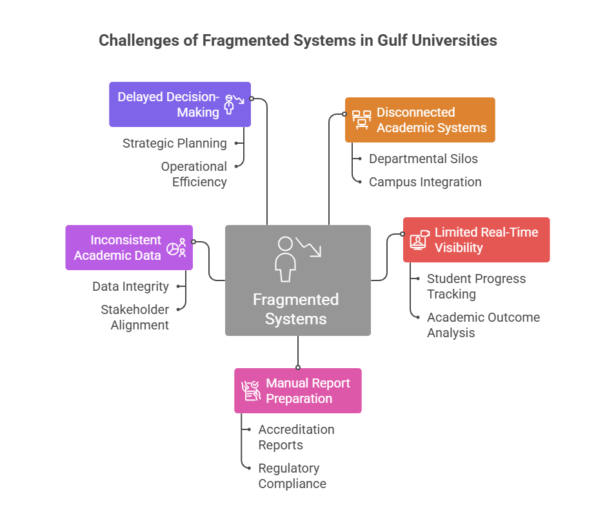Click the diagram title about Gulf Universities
coord(297,40)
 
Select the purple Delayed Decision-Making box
coord(179,104)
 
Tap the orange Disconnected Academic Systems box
coord(420,120)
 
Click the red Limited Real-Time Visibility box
coord(476,240)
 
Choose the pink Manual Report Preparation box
coord(298,391)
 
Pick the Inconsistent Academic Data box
coord(129,248)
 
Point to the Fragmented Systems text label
coord(295,309)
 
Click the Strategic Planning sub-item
coord(174,143)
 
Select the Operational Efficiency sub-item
coord(194,174)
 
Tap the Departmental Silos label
coord(423,159)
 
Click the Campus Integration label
coord(424,182)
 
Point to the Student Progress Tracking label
coord(475,286)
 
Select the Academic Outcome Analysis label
coord(482,325)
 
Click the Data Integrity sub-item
coord(130,286)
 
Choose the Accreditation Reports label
coord(295,437)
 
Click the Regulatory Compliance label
coord(292,476)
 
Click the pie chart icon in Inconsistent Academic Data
coord(174,249)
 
